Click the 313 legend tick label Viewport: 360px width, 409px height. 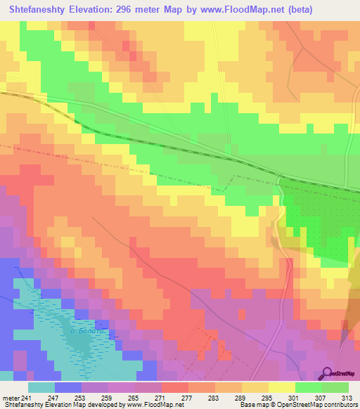(x=348, y=397)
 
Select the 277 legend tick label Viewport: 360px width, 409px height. (x=188, y=397)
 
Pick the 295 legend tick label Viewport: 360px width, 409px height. (x=268, y=397)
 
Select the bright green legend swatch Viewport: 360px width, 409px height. (x=309, y=387)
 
